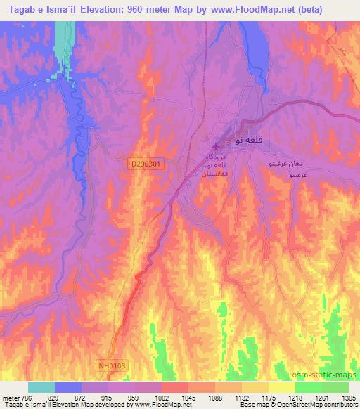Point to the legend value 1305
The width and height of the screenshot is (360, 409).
pyautogui.click(x=349, y=398)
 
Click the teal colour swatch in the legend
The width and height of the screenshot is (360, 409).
pyautogui.click(x=41, y=387)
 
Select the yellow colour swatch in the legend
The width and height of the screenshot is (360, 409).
pyautogui.click(x=282, y=387)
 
